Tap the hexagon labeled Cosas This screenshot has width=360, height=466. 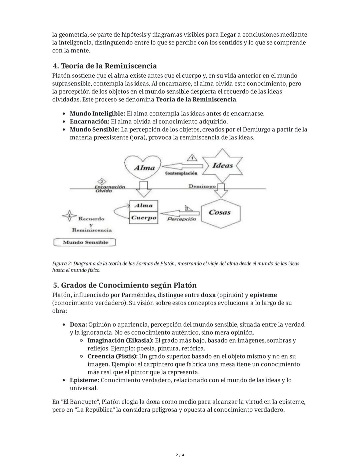tap(220, 212)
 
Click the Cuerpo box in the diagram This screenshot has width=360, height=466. tap(144, 218)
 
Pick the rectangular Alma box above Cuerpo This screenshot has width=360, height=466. tap(144, 205)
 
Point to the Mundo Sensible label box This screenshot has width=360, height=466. tap(85, 242)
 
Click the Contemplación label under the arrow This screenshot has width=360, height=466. tap(181, 173)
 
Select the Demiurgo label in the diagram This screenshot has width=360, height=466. tap(202, 186)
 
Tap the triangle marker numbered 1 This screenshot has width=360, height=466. tap(192, 158)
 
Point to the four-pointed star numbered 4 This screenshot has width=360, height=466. tap(69, 216)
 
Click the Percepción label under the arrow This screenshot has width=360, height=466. tap(181, 219)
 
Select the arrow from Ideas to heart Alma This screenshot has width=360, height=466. tap(183, 166)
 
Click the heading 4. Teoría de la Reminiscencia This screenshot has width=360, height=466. tap(105, 66)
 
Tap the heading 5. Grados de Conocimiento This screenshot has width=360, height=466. tap(125, 285)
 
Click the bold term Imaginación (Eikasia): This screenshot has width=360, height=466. tap(120, 341)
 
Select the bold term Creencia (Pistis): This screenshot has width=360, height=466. tap(112, 356)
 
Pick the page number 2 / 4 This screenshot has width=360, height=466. tap(180, 455)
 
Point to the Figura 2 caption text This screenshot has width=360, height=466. tap(175, 267)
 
